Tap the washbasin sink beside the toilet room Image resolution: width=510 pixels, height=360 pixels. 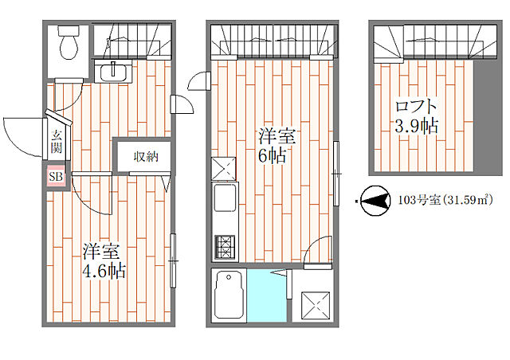(x=113, y=72)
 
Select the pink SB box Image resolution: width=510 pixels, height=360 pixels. (x=56, y=177)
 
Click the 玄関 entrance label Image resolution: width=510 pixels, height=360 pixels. (x=57, y=142)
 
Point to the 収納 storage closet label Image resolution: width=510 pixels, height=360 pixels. (x=146, y=157)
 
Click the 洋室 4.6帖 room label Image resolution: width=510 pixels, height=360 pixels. (x=104, y=260)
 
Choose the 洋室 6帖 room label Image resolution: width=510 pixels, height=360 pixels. (x=277, y=146)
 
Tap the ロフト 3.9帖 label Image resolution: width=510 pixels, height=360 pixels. (x=416, y=116)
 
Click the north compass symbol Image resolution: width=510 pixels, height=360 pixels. (x=376, y=201)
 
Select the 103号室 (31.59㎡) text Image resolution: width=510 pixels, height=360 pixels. (x=445, y=200)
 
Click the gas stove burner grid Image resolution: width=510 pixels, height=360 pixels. (x=225, y=246)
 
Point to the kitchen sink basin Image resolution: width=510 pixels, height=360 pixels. (x=225, y=198)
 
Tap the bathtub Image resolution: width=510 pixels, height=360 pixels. (x=229, y=295)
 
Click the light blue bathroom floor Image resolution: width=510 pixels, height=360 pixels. (x=267, y=295)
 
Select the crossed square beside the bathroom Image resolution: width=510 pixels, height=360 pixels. (x=316, y=306)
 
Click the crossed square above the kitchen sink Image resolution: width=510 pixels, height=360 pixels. (x=223, y=169)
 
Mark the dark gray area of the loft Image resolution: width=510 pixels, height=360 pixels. (x=486, y=115)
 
